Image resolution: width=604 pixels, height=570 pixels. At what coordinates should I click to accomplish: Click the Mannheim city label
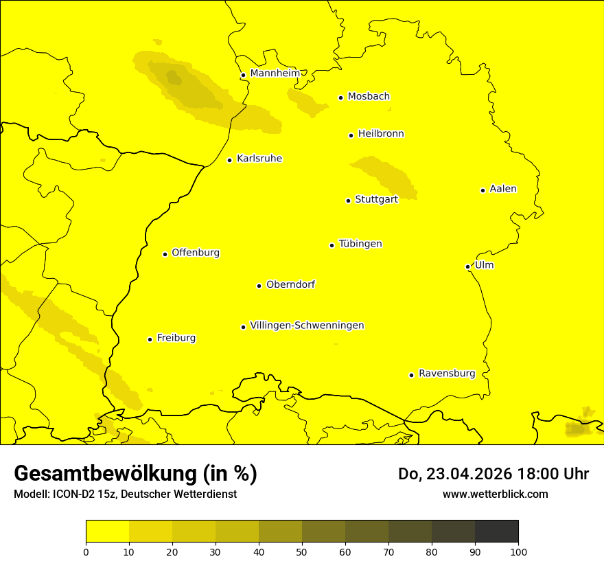pos(275,73)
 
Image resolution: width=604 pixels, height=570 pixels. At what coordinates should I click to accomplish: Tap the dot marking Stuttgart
pos(348,201)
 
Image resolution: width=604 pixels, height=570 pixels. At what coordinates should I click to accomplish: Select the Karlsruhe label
pos(259,159)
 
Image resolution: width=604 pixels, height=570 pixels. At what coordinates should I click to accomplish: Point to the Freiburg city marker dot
pos(150,339)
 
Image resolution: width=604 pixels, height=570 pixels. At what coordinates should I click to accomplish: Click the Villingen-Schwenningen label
pos(307,326)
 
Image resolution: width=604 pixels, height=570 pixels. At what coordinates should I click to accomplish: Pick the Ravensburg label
pos(446,374)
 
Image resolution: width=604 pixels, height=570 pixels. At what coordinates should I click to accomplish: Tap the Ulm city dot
pos(467,266)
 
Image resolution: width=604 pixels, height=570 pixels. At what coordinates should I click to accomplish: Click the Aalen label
pos(502,189)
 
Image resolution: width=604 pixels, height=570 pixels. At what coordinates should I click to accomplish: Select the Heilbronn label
pos(380,134)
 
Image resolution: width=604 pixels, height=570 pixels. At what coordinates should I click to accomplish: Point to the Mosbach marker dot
pos(340,98)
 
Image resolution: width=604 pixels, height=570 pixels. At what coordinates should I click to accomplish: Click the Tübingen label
pos(360,244)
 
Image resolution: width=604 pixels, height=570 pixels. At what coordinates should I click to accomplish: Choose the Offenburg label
pos(195,253)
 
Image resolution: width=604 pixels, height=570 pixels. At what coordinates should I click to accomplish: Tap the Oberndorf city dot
pos(259,286)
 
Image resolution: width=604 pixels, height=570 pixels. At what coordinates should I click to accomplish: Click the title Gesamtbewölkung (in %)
pos(135,473)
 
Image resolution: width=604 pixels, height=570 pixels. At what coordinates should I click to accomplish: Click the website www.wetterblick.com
pos(495,494)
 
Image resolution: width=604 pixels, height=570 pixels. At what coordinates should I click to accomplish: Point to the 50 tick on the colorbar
pos(302,551)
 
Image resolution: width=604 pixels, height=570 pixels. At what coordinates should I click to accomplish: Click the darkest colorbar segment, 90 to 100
pos(496,532)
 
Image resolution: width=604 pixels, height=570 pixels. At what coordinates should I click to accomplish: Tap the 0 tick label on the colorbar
pos(86,551)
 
